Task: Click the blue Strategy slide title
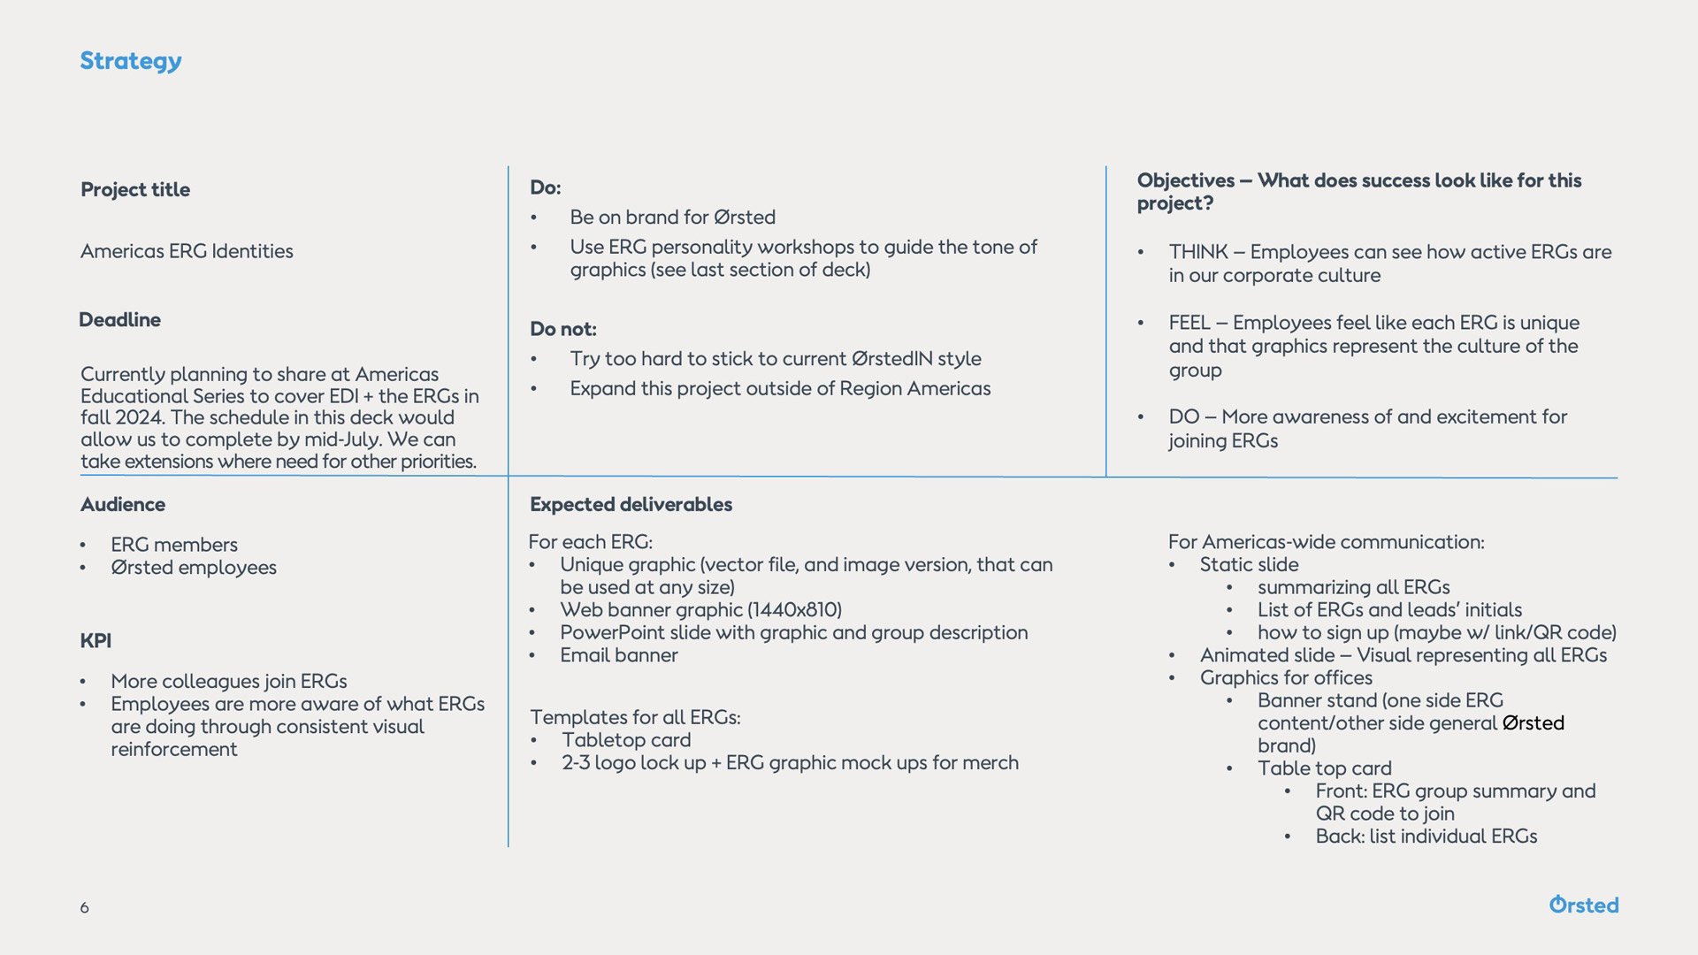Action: [131, 61]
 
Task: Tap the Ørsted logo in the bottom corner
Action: [1583, 905]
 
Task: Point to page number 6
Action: [84, 907]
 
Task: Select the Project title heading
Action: [135, 189]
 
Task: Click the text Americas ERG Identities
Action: [187, 251]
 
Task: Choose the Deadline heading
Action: [119, 319]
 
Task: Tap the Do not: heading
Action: [562, 329]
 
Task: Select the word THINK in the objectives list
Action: [1198, 252]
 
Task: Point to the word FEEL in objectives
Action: [1189, 323]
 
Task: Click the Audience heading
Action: [123, 504]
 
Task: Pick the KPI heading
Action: [96, 640]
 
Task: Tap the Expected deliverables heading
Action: [631, 504]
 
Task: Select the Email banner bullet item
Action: [618, 655]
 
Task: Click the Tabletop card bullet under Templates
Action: [626, 740]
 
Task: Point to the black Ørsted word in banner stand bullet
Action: [1533, 723]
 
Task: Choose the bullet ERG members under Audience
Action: [174, 545]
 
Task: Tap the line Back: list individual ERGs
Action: [1426, 837]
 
